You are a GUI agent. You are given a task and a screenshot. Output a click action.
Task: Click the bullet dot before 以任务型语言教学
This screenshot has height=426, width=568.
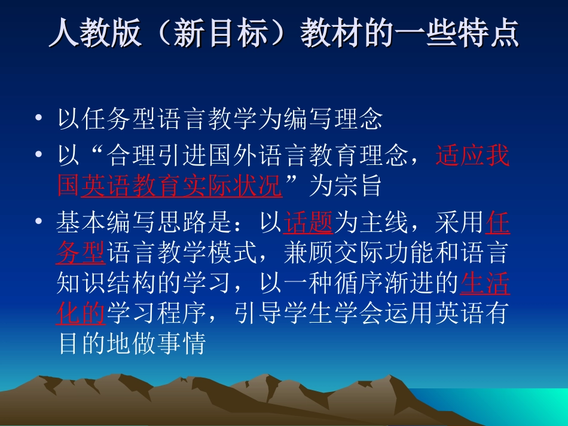(x=39, y=119)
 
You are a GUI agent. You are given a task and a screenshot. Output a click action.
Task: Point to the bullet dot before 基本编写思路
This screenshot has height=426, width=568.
(x=39, y=222)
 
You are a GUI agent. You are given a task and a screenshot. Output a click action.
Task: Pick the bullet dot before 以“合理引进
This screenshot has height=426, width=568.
(x=39, y=155)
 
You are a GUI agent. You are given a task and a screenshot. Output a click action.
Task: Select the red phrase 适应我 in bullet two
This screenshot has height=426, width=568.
(x=472, y=155)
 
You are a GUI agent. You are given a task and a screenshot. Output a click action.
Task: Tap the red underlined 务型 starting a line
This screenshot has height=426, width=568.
(x=81, y=253)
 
